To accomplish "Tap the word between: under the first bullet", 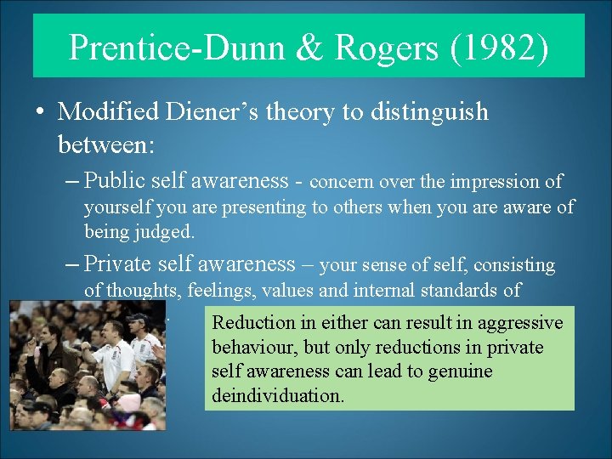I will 105,145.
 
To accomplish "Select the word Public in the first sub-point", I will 113,180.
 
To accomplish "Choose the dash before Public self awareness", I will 73,181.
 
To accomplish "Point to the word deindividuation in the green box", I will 277,395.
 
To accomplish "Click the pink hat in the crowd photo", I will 130,402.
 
